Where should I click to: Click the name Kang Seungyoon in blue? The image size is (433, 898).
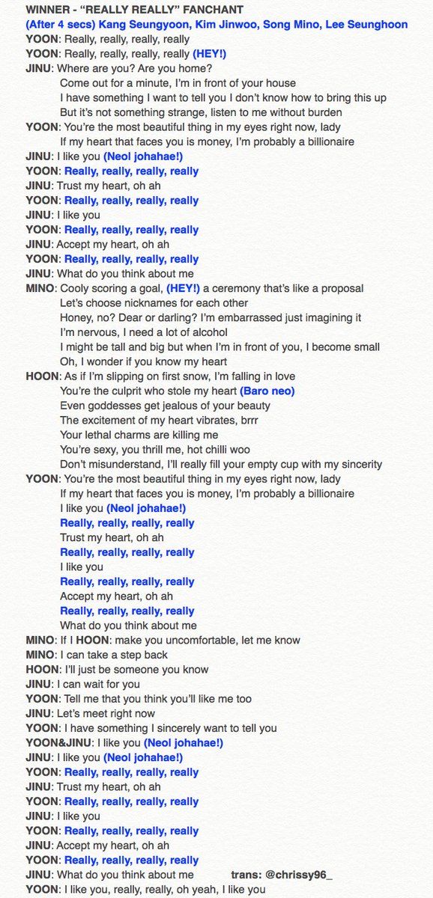click(137, 25)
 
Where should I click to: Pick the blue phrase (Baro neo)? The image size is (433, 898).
click(267, 391)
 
